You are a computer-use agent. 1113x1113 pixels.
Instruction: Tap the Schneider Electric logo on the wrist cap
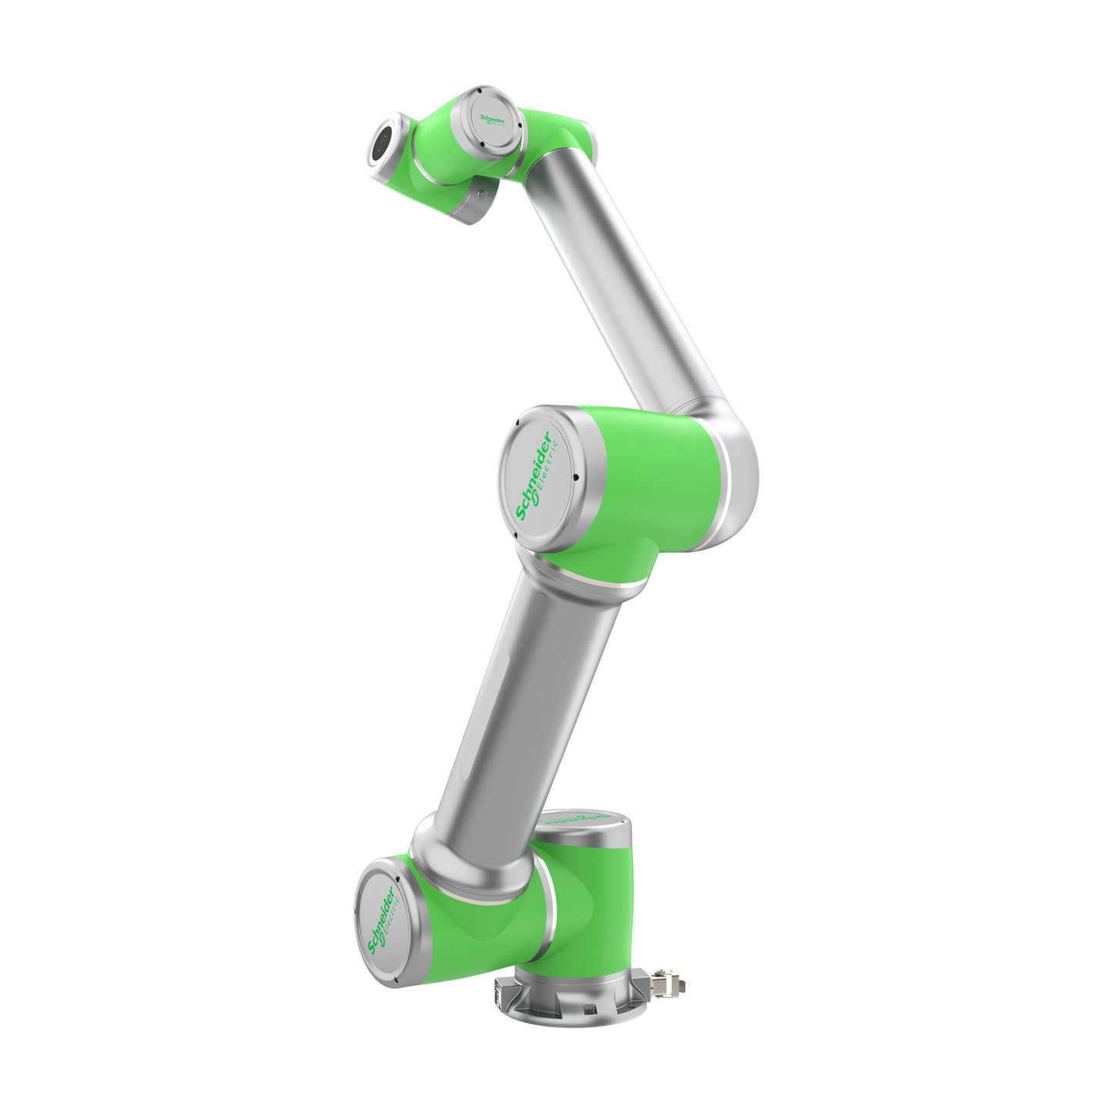[x=493, y=121]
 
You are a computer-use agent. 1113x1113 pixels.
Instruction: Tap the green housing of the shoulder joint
[x=470, y=924]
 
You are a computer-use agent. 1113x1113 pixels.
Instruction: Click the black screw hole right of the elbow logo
[x=575, y=478]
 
